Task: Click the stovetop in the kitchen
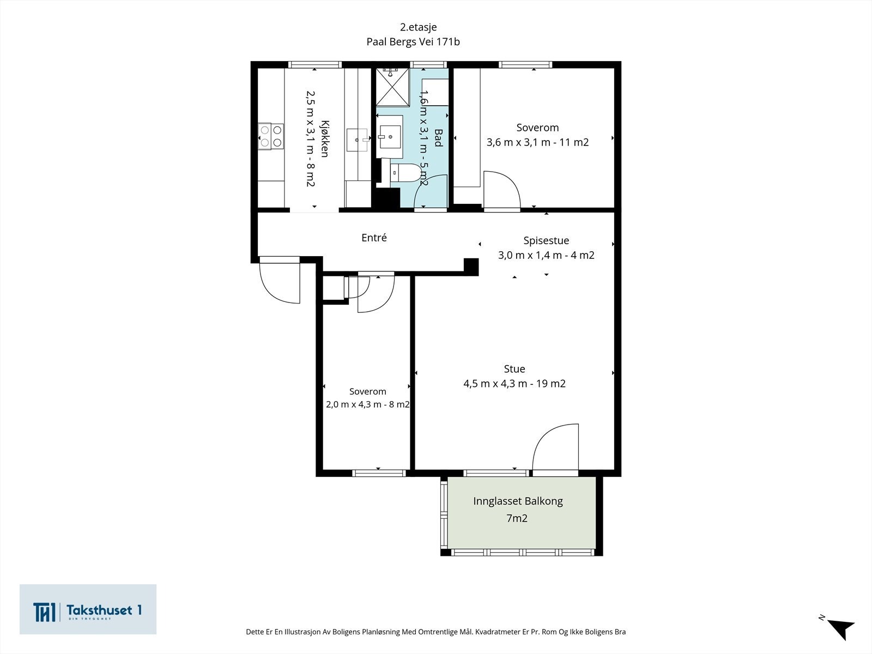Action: [x=271, y=136]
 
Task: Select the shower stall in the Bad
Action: [x=392, y=87]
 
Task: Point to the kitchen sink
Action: [x=358, y=140]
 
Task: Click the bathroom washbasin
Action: [x=390, y=137]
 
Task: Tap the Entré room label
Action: [x=374, y=238]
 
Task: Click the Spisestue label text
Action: [x=546, y=241]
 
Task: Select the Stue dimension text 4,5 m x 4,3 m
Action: [x=495, y=384]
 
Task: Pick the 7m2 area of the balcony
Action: [x=517, y=518]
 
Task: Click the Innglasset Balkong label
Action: [x=518, y=501]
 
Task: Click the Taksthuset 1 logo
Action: [x=88, y=609]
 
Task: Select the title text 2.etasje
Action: [x=419, y=27]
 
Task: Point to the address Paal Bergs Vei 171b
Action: [x=413, y=42]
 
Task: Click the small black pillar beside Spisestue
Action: [x=471, y=267]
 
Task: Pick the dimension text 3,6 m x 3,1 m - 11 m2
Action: [x=537, y=142]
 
